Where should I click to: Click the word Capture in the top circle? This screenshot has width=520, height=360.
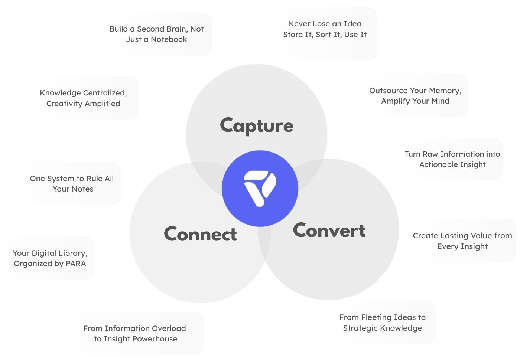[257, 126]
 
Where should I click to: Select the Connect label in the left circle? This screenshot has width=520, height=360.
[200, 234]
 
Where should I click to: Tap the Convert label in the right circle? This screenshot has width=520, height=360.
[329, 230]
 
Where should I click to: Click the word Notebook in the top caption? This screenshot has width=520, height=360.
[169, 39]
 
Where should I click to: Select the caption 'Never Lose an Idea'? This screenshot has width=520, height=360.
[325, 24]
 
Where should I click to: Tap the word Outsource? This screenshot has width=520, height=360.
[388, 91]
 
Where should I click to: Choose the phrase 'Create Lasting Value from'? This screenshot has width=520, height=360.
[462, 236]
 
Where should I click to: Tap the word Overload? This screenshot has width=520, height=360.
[168, 328]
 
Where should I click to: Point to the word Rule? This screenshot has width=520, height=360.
[95, 179]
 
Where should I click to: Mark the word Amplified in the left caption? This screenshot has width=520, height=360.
[101, 104]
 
